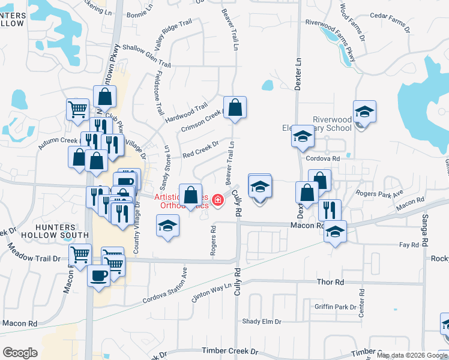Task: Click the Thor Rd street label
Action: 331,281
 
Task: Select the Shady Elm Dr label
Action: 262,322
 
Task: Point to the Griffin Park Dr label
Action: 336,307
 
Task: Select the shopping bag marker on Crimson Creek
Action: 235,108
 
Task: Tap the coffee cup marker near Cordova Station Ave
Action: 99,275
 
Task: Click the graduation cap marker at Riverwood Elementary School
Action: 364,112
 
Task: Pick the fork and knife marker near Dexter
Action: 330,209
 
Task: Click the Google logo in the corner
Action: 20,353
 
